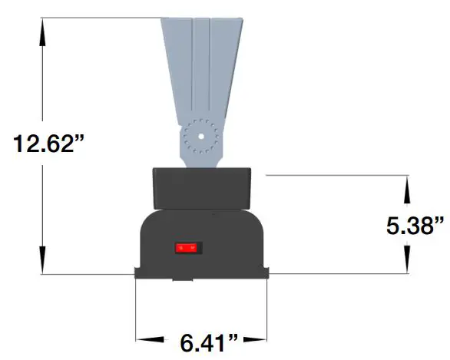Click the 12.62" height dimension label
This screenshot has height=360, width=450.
coord(48,144)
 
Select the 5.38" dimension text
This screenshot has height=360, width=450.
coord(415,225)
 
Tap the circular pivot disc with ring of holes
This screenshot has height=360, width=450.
coord(200,139)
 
